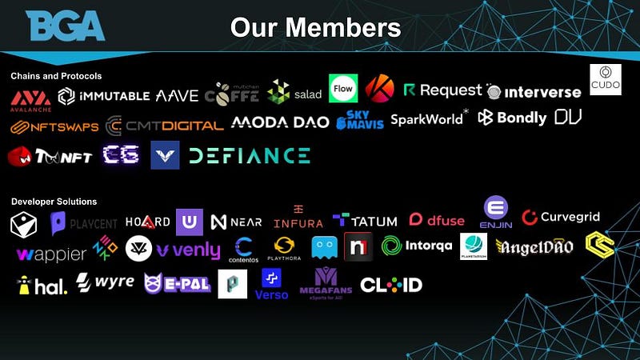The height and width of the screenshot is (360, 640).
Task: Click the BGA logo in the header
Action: pos(66,26)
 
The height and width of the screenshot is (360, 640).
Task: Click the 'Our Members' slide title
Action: pos(315,27)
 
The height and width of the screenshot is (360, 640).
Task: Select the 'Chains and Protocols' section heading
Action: pos(56,76)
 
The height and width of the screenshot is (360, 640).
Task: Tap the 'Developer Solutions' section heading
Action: pos(54,202)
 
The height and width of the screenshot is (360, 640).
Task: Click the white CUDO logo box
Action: pos(606,80)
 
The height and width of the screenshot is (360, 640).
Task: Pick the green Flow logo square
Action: pos(342,89)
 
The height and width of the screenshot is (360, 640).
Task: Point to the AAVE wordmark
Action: pos(177,96)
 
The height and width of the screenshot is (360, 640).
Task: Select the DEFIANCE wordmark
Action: pos(250,155)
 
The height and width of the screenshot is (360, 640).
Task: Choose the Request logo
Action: pos(443,90)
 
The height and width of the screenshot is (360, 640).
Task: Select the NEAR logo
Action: pos(236,222)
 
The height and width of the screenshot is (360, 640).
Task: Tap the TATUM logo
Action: pos(365,220)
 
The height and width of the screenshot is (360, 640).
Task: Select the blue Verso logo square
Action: pos(274,282)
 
